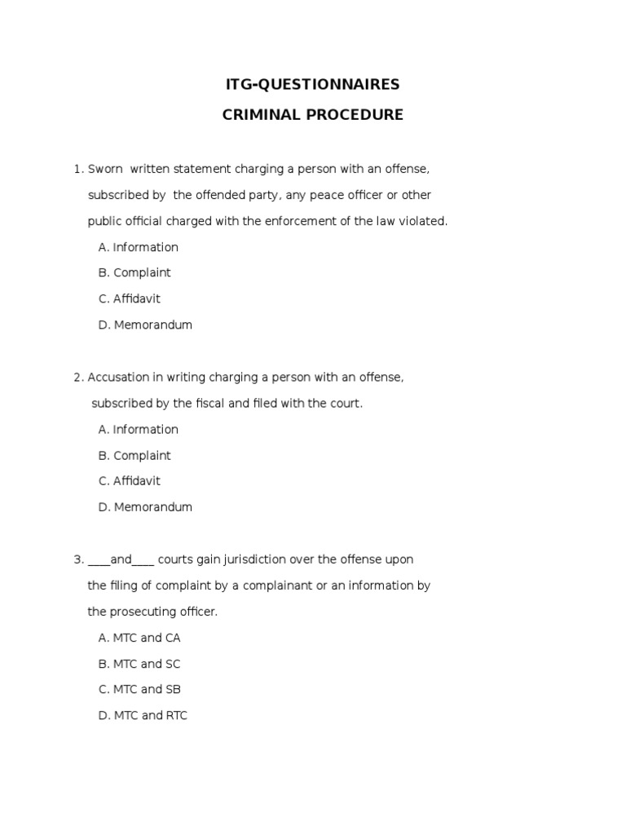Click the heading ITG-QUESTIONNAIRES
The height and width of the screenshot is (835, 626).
click(313, 84)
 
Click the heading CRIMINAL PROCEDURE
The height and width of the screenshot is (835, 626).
click(313, 115)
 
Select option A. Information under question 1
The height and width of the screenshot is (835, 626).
click(138, 247)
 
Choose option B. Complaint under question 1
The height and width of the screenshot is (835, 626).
click(134, 272)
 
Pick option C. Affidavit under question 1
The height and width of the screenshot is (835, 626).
click(130, 298)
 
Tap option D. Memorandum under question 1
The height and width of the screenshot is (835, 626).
click(145, 325)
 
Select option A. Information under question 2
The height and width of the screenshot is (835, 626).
click(138, 429)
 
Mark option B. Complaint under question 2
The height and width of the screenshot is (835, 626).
click(134, 455)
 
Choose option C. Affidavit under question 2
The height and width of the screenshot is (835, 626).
click(130, 481)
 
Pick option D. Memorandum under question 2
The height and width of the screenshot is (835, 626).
click(145, 507)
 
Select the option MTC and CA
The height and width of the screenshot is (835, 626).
click(139, 638)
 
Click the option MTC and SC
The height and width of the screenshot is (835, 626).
click(139, 664)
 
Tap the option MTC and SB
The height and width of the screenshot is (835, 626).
click(139, 689)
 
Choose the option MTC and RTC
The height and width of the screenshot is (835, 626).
click(143, 716)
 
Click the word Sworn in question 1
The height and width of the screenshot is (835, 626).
click(105, 169)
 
